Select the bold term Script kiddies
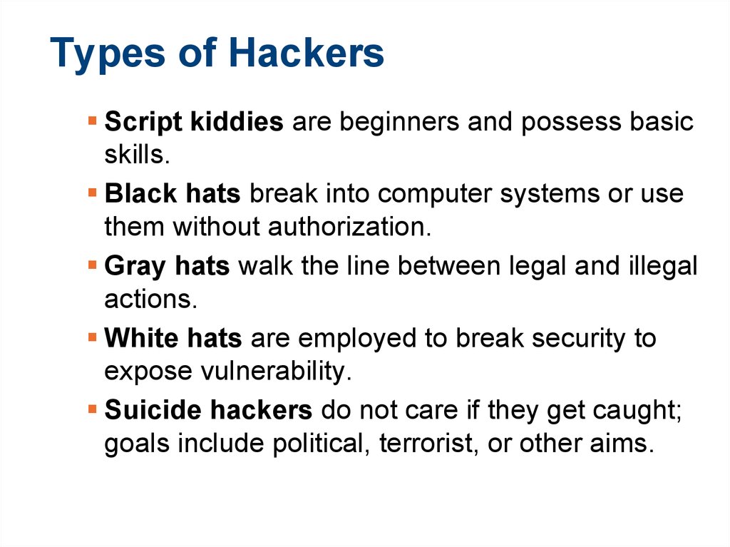(194, 122)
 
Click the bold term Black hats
(173, 194)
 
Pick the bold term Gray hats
(167, 266)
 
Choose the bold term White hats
(173, 338)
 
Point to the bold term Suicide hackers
(208, 410)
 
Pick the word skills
(133, 155)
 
